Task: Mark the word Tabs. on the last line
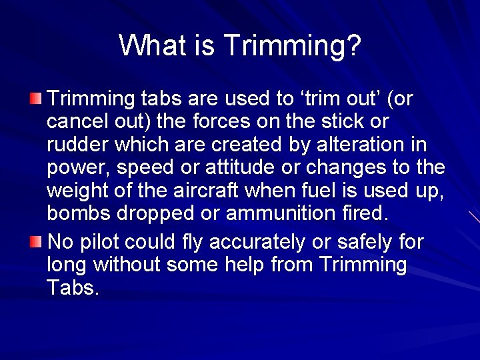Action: point(73,287)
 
